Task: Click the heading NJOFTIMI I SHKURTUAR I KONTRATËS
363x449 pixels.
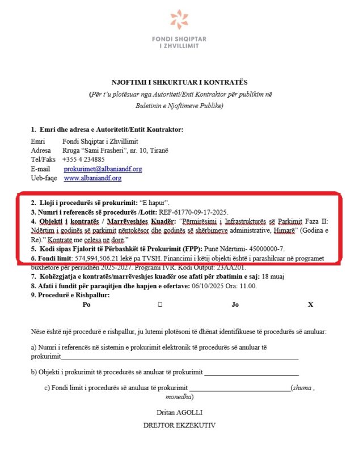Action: (x=181, y=83)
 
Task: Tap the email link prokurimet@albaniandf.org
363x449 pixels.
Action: (x=103, y=169)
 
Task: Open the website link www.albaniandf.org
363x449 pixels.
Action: (x=92, y=178)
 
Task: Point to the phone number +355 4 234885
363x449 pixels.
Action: (x=83, y=160)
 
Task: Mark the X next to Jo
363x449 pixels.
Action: (x=310, y=305)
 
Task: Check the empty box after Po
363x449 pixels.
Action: (x=161, y=305)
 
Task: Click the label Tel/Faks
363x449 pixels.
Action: (x=43, y=160)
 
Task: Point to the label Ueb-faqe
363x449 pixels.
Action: (x=44, y=178)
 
